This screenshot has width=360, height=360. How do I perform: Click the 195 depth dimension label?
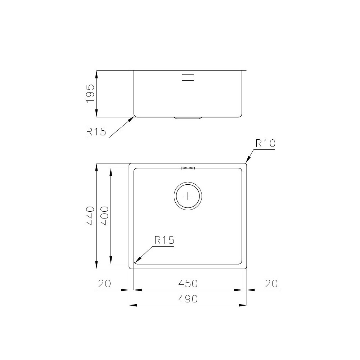(90, 94)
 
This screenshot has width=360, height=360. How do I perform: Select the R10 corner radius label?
(265, 143)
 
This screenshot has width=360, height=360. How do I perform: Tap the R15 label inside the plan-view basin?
(164, 240)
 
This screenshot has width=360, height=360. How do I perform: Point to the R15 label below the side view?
(96, 132)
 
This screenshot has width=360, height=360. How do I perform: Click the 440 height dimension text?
(90, 216)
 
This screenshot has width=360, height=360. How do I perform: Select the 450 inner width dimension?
(188, 284)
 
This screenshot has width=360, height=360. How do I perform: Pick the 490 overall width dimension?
(188, 299)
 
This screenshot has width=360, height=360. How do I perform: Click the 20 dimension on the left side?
(104, 284)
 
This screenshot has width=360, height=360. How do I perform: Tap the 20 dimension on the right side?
(271, 284)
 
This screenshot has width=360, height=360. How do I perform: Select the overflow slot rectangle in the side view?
(188, 77)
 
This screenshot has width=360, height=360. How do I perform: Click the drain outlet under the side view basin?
(188, 118)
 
